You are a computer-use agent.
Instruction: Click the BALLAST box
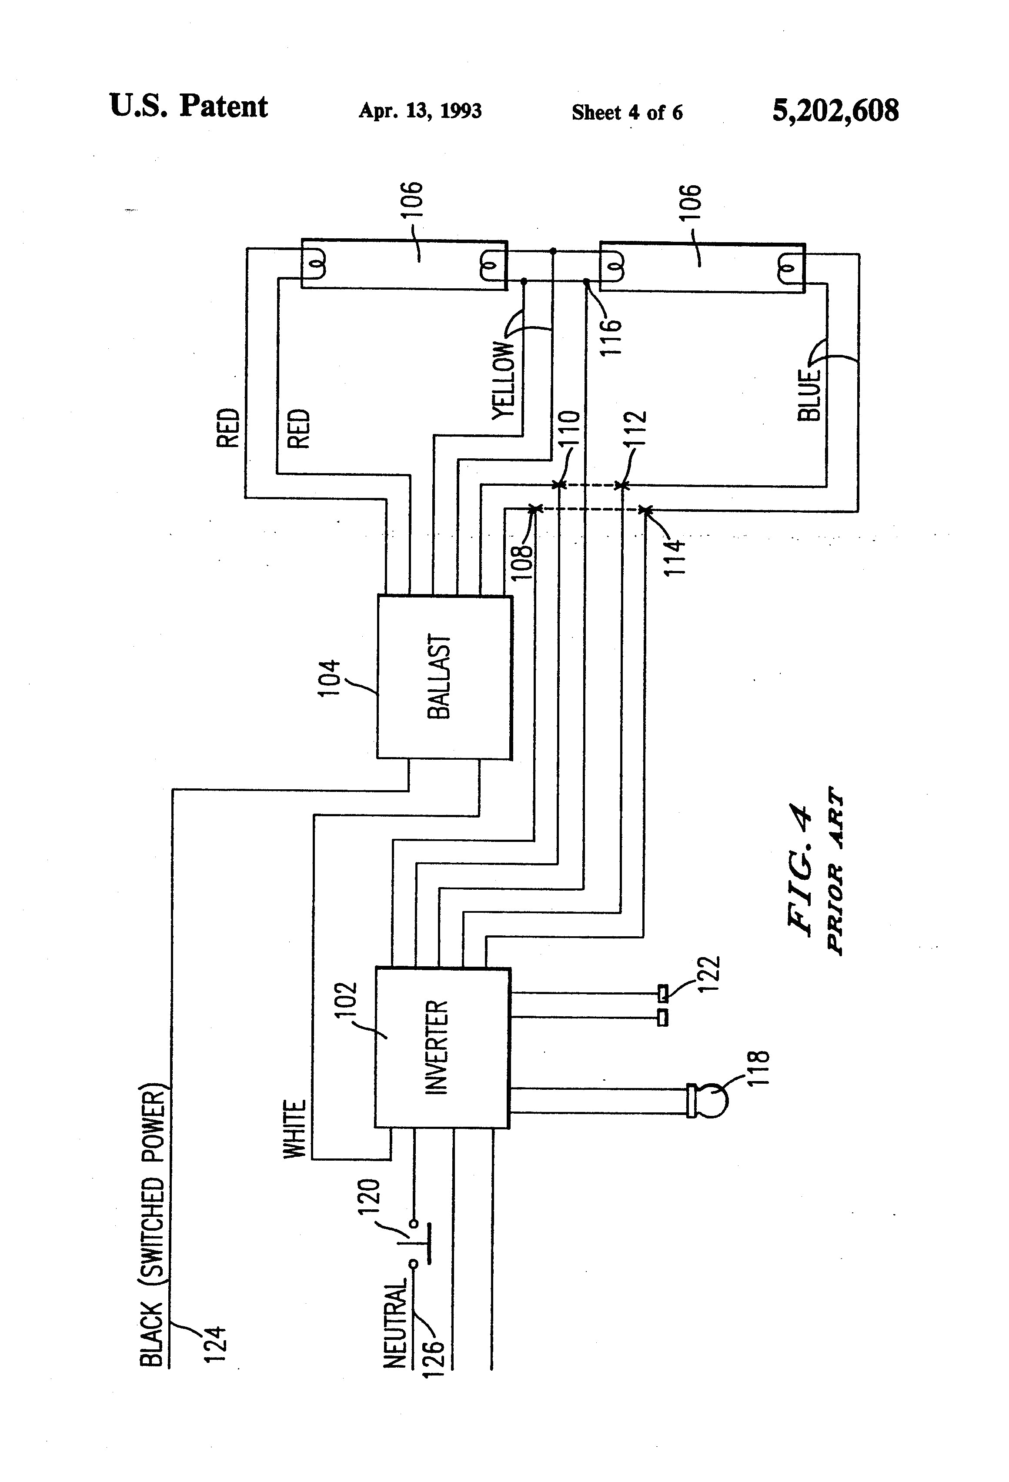(x=444, y=677)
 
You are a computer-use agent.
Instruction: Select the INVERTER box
(x=442, y=1048)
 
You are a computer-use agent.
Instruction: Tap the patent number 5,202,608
(x=835, y=111)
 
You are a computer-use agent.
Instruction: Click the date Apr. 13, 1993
(x=420, y=111)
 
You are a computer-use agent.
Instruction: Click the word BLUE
(x=809, y=395)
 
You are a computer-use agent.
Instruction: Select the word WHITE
(x=295, y=1129)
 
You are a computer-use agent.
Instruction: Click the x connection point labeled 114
(x=645, y=510)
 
